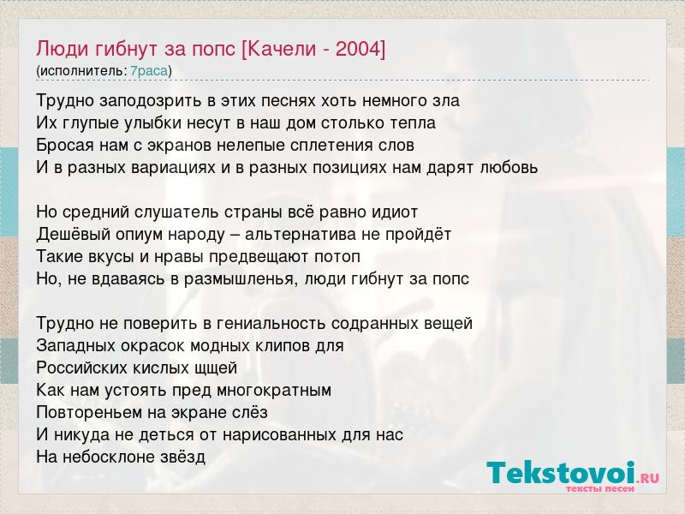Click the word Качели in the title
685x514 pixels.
click(x=282, y=49)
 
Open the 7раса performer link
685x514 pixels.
click(x=149, y=71)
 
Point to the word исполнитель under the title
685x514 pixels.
click(x=81, y=71)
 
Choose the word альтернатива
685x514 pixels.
click(x=301, y=235)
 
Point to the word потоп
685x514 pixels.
click(x=337, y=256)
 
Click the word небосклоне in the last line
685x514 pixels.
click(x=104, y=457)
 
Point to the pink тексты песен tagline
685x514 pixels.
click(x=600, y=489)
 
